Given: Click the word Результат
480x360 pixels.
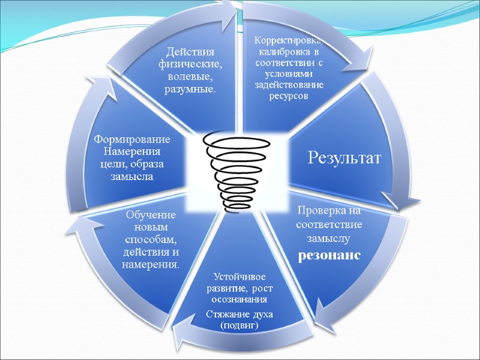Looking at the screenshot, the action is (x=344, y=158).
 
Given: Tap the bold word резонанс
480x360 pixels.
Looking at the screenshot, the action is (x=329, y=254).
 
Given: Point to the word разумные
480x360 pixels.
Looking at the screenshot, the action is (x=190, y=89).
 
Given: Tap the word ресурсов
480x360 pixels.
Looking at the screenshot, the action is (x=289, y=96).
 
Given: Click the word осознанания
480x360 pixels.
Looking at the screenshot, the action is (x=239, y=298).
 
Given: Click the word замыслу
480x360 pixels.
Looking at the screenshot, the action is (x=328, y=238).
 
